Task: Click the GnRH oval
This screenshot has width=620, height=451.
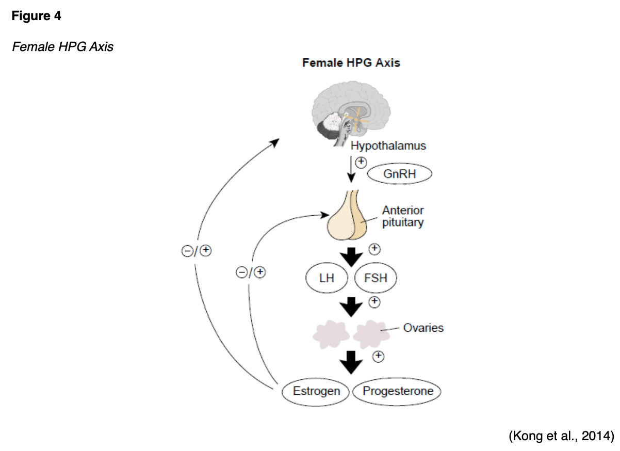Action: click(x=399, y=174)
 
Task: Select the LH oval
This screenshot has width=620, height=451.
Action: click(x=327, y=279)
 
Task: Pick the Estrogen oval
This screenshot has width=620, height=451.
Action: click(x=316, y=391)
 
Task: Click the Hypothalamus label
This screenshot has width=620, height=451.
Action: click(x=388, y=146)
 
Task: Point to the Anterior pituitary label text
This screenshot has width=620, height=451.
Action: click(x=403, y=217)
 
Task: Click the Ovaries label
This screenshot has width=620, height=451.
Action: click(x=423, y=328)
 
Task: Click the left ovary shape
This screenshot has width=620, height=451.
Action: click(x=330, y=333)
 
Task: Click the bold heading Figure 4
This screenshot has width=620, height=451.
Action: click(x=36, y=17)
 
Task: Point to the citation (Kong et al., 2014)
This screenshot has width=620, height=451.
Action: click(x=561, y=436)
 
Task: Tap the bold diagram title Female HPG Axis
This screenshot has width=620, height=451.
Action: click(x=351, y=63)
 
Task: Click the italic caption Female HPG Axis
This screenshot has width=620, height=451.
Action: click(x=62, y=47)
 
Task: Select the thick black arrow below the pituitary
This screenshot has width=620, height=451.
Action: click(x=352, y=256)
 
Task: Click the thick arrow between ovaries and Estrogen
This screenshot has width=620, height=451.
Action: click(x=352, y=362)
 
